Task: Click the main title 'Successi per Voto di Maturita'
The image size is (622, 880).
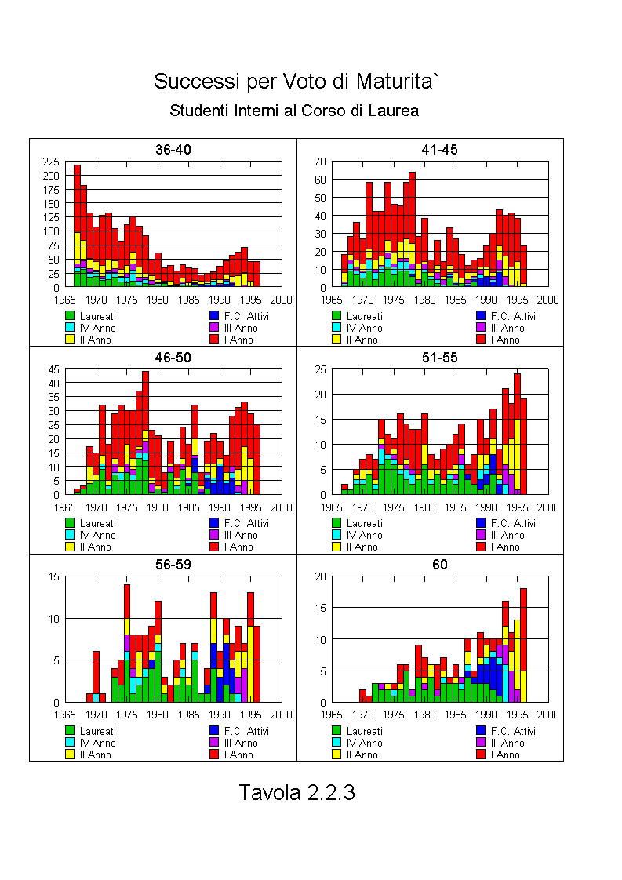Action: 294,82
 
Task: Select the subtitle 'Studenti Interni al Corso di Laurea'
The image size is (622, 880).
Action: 294,111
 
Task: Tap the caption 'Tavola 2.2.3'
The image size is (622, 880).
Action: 297,792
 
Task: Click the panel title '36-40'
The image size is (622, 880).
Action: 173,150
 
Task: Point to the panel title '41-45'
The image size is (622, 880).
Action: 439,150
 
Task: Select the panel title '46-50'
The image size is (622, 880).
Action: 173,358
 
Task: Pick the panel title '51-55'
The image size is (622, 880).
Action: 439,358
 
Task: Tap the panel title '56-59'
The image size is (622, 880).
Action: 173,565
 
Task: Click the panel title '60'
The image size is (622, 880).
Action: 439,565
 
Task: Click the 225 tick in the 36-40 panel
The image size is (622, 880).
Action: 50,162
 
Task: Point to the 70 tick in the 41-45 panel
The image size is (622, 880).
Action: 320,162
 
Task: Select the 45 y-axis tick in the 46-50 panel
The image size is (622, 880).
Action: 53,369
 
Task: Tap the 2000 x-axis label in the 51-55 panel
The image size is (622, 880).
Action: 548,507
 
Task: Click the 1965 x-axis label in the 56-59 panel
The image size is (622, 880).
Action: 65,715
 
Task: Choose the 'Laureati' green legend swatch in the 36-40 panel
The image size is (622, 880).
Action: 70,316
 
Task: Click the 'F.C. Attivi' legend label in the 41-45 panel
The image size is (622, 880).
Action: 513,317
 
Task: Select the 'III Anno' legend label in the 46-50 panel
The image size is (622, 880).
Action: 241,536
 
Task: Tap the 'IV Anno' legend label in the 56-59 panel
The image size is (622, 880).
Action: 98,743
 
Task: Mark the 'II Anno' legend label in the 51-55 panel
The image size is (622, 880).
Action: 362,547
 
